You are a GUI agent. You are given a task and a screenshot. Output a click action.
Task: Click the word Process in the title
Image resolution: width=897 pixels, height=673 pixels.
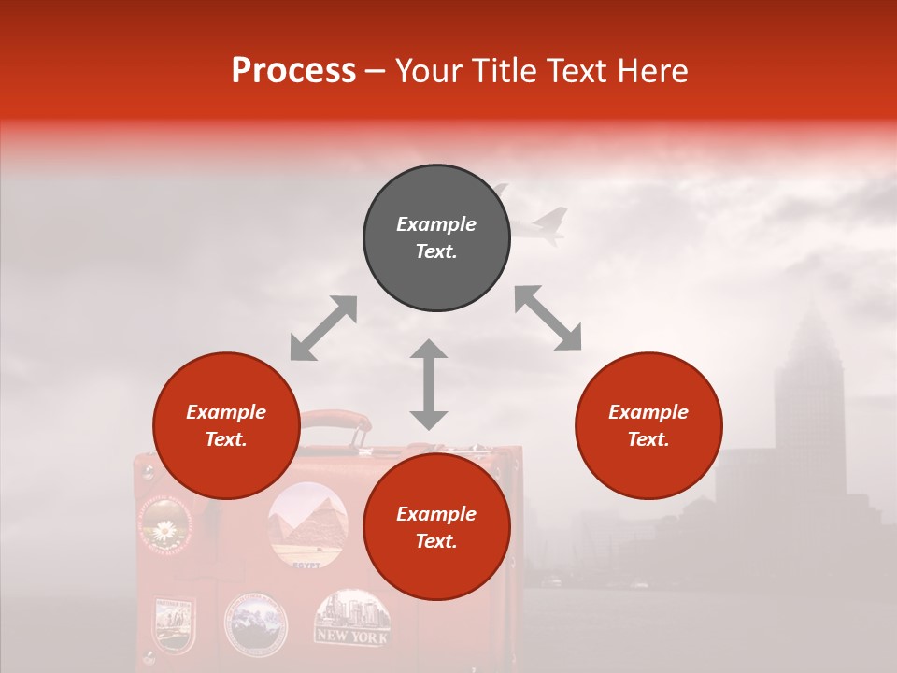tap(293, 71)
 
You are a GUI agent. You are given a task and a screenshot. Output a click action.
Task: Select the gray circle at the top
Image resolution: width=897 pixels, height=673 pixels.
tap(436, 238)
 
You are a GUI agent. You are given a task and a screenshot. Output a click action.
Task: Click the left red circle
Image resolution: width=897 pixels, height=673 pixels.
tap(226, 425)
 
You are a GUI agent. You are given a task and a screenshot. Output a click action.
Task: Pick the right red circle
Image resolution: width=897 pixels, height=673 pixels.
tap(648, 425)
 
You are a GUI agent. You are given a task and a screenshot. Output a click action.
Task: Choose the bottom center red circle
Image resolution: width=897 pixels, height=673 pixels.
tap(436, 527)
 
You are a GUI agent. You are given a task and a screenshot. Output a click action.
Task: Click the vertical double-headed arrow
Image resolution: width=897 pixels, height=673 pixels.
tap(429, 384)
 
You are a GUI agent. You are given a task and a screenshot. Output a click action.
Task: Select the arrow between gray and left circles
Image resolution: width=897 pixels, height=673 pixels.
tap(323, 328)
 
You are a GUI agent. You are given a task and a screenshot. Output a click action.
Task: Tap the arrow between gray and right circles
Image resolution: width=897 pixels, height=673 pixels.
tap(548, 318)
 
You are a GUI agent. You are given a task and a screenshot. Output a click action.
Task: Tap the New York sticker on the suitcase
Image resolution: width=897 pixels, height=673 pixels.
tap(351, 617)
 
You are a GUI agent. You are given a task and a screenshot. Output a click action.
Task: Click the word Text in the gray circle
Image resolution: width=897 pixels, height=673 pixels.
tap(436, 251)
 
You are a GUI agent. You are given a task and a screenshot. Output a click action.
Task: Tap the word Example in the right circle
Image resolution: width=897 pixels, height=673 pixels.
tap(648, 412)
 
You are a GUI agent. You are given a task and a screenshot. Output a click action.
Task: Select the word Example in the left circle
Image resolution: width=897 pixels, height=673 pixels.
tap(226, 412)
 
